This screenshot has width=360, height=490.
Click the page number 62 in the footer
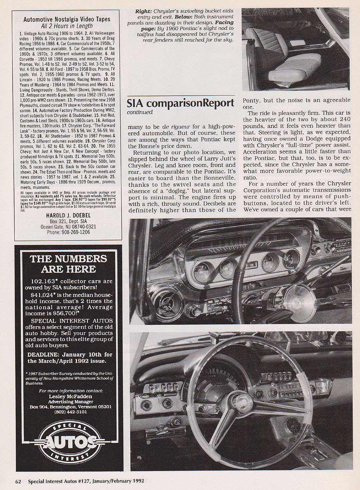18,481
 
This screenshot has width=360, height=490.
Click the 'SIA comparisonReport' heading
181,103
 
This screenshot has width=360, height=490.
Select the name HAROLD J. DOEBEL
68,215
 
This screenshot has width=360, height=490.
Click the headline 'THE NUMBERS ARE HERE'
68,264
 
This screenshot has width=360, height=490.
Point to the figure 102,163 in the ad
44,282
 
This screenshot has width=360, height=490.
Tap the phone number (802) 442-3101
71,412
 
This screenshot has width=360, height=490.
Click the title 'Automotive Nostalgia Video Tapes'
67,20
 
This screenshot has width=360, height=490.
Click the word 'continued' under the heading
140,112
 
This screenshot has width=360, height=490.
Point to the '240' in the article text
343,120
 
